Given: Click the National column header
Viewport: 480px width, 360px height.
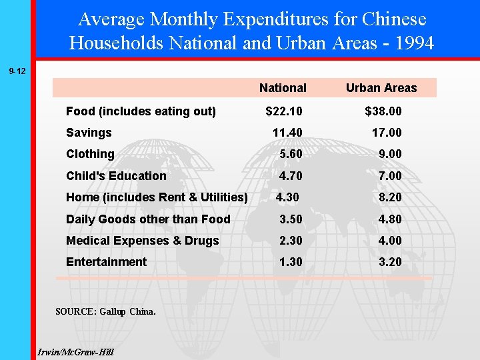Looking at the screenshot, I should point(283,88).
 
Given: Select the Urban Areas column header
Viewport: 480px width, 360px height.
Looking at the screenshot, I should point(381,88).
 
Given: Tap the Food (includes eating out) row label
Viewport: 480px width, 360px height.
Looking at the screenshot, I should point(141,111).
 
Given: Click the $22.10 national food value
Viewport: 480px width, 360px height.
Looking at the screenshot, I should point(283,111).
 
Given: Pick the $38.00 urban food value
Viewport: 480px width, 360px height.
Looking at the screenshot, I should point(383,111).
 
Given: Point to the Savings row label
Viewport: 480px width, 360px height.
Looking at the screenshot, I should point(89,133).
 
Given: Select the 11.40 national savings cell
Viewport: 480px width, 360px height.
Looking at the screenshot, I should point(287,133).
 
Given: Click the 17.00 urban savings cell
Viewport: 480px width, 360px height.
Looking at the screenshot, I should point(387,133).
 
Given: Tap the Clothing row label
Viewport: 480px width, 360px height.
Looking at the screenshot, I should point(90,154).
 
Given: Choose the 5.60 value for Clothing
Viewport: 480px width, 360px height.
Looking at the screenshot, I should point(291,154).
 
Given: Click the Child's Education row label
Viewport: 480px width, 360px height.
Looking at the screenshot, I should point(116,176).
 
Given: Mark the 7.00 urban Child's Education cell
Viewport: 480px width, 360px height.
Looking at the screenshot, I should point(390,176).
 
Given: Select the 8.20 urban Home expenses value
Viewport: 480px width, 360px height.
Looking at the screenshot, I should point(390,197).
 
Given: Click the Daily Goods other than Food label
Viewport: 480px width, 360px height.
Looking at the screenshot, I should point(148,219).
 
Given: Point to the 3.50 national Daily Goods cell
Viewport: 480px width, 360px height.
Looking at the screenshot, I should point(291,219).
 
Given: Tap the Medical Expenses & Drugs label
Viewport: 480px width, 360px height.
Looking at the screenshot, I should point(142,241).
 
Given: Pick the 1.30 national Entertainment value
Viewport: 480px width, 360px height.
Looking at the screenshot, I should point(291,262).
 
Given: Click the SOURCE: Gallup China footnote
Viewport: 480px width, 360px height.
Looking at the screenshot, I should point(105,311).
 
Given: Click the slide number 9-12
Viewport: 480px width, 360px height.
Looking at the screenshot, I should point(17,70).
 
